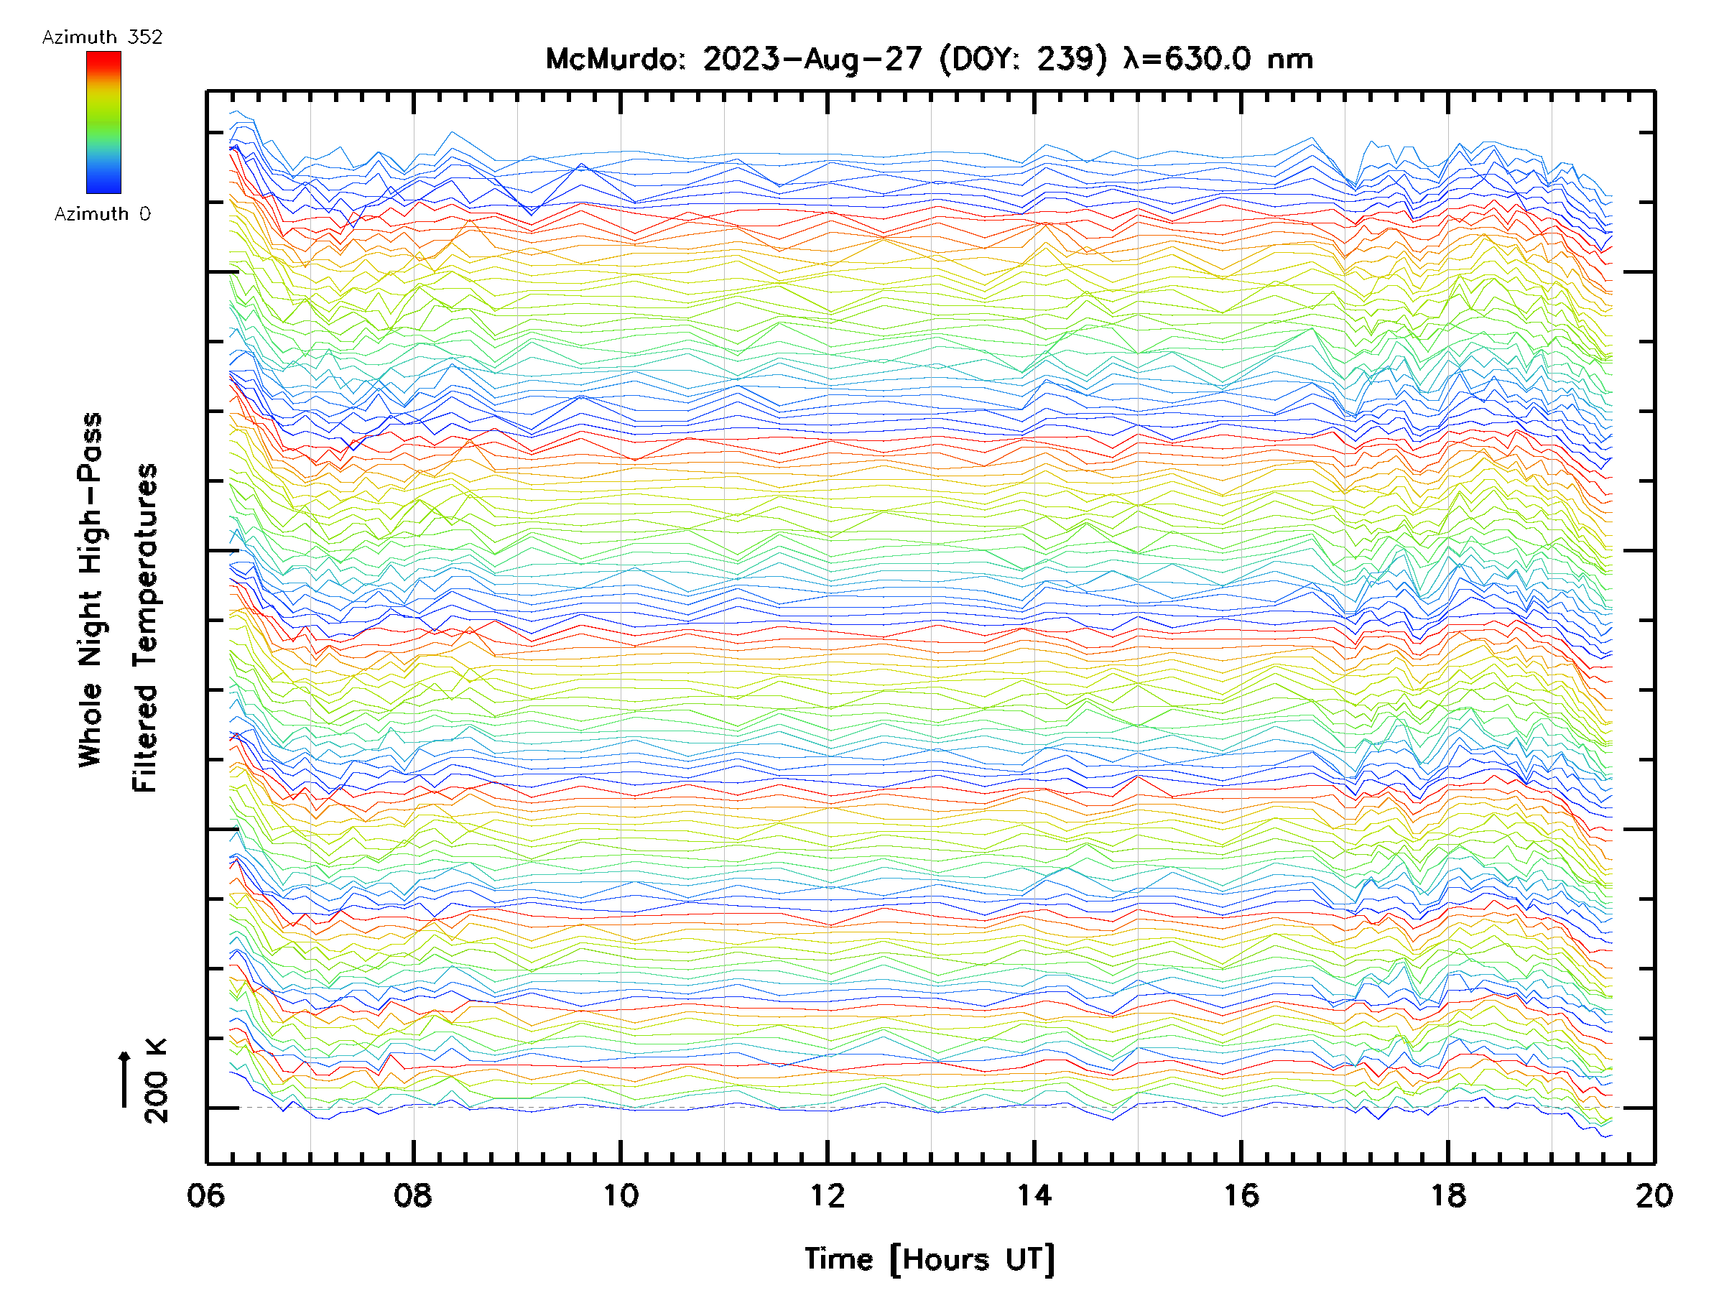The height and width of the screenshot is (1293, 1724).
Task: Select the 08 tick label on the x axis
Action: click(413, 1195)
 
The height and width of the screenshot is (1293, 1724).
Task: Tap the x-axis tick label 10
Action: click(621, 1195)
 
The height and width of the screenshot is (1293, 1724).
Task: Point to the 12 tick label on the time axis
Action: click(827, 1195)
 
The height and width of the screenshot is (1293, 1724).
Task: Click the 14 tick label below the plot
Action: click(1034, 1195)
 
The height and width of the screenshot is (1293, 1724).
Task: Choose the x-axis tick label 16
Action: click(1241, 1195)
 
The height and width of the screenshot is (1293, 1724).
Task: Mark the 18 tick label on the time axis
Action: click(1448, 1195)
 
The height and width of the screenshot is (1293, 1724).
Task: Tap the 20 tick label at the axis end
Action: click(1654, 1195)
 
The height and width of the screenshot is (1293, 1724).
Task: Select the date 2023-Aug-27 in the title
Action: click(813, 59)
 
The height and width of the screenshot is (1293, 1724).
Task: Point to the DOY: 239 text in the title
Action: click(1023, 59)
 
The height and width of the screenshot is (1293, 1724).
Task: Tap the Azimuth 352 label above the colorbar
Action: click(102, 37)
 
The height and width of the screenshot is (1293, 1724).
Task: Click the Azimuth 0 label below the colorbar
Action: click(102, 213)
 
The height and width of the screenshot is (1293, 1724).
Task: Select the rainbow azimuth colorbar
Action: click(103, 122)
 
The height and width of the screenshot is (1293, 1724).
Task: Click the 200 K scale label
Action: click(157, 1080)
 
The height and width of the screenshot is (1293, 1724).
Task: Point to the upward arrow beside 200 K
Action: click(124, 1079)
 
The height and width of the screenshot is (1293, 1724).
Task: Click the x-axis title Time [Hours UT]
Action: click(930, 1259)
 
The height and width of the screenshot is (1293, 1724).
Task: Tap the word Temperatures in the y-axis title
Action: click(145, 629)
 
